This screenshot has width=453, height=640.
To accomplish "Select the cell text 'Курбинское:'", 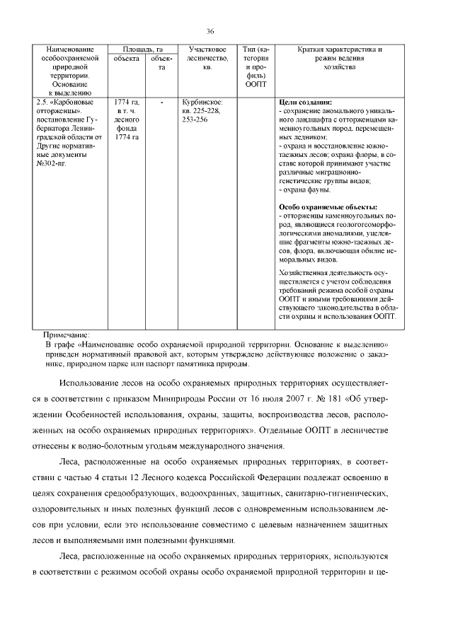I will click(203, 103).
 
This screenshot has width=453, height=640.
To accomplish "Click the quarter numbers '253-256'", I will click(195, 120).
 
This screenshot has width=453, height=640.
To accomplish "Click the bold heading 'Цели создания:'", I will click(306, 103).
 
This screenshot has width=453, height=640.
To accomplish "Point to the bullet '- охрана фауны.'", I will click(305, 190).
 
